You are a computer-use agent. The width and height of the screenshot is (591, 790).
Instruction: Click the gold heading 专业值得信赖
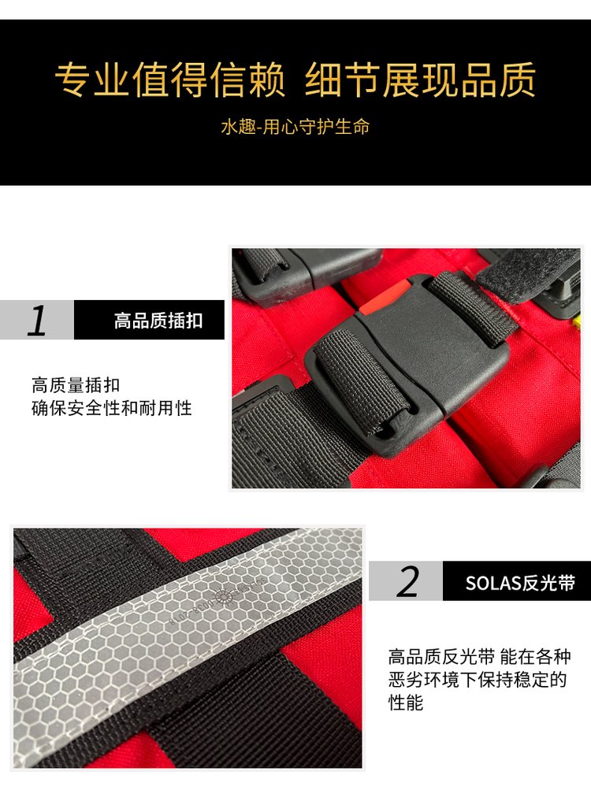(x=170, y=80)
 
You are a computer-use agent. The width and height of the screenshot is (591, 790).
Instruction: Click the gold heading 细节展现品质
(x=420, y=80)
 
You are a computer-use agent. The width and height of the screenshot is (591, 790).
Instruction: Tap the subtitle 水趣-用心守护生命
(x=295, y=127)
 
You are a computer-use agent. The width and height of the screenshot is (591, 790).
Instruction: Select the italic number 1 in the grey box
(x=37, y=321)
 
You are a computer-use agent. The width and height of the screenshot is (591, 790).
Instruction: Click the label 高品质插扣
(x=158, y=321)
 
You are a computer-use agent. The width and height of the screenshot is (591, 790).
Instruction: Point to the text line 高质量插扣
(x=76, y=385)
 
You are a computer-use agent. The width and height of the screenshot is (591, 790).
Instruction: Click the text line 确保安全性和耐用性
(x=111, y=408)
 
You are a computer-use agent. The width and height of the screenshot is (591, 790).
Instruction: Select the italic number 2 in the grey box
(x=407, y=581)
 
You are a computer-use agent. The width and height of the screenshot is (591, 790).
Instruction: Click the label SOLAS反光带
(x=520, y=583)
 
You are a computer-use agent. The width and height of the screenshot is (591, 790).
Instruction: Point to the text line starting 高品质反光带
(x=479, y=657)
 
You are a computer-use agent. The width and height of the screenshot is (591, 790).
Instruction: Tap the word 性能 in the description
(x=406, y=703)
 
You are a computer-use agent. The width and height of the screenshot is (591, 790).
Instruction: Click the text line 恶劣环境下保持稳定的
(x=478, y=680)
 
